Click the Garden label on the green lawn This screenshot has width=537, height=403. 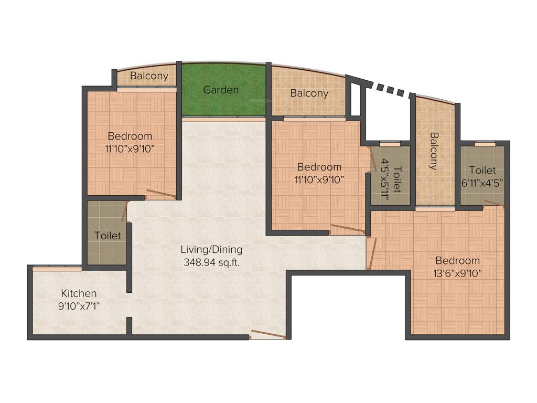(x=221, y=90)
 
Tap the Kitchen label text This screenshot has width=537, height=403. (x=79, y=293)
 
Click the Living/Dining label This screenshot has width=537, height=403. (x=211, y=249)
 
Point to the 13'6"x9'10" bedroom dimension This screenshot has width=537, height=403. (x=457, y=273)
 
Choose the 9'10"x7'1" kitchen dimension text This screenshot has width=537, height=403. (x=79, y=305)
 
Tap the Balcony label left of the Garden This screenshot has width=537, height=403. (x=149, y=76)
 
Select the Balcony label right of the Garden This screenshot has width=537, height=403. (x=309, y=93)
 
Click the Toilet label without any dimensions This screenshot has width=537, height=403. (x=108, y=236)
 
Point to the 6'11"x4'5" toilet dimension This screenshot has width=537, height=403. (x=482, y=183)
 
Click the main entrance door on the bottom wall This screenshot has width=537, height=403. (x=267, y=335)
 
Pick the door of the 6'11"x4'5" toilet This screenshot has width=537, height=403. (x=494, y=203)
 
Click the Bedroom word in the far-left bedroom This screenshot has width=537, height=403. (x=130, y=136)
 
